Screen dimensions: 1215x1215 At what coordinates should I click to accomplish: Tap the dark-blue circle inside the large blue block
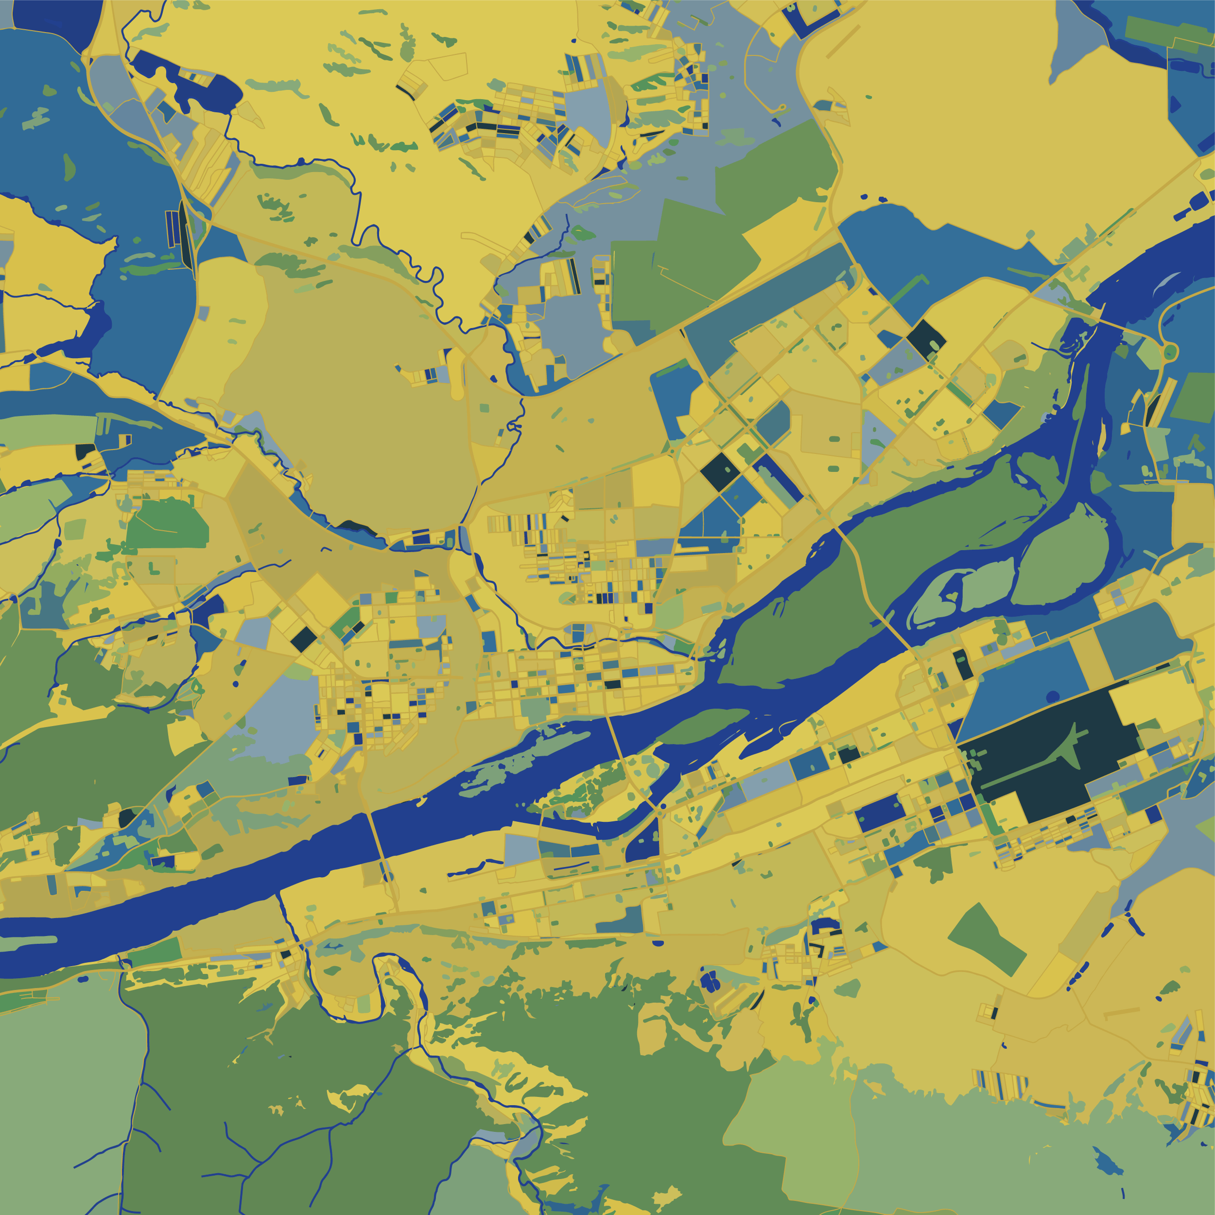(x=1053, y=696)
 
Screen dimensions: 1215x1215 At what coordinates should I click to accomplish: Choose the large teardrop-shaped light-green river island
(x=1063, y=560)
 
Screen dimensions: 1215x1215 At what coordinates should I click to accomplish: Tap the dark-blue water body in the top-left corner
(x=56, y=19)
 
